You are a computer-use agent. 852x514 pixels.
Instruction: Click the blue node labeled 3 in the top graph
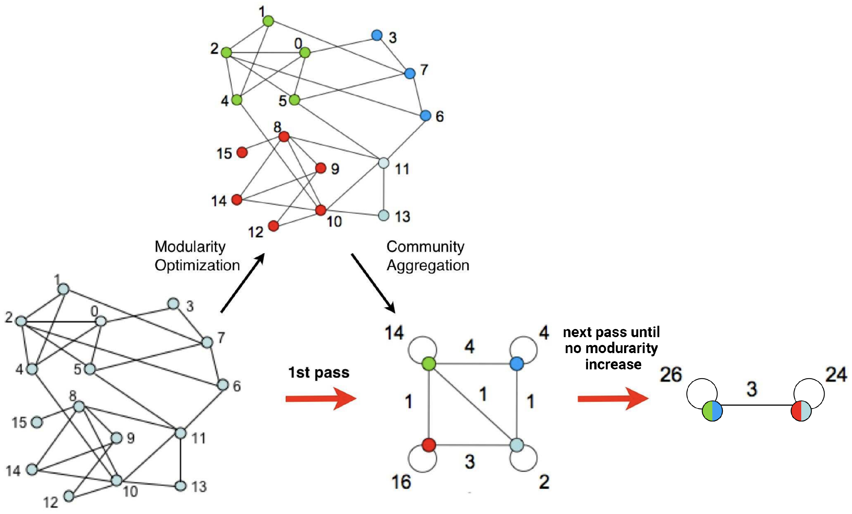coord(377,35)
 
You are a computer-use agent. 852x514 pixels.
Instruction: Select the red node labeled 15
coord(242,152)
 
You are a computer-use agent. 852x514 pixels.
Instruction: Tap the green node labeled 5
coord(294,100)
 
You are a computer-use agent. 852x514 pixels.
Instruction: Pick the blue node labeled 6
coord(426,116)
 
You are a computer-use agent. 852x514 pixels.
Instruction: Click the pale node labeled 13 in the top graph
coord(384,216)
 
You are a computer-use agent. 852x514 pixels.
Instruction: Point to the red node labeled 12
coord(273,226)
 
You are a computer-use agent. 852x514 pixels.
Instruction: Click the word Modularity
coord(190,247)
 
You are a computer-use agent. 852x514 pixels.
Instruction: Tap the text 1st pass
coord(318,373)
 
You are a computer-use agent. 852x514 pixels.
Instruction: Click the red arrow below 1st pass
coord(321,398)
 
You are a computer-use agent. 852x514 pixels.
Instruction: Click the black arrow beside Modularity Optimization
coord(243,283)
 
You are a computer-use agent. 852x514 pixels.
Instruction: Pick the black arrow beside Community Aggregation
coord(373,283)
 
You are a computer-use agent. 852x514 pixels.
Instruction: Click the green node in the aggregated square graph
coord(429,364)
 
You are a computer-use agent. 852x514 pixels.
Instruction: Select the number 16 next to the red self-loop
coord(401,482)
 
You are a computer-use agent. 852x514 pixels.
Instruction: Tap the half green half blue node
coord(712,411)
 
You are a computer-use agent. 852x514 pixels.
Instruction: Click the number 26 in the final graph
coord(670,375)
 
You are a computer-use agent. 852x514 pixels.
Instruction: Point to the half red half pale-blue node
coord(801,411)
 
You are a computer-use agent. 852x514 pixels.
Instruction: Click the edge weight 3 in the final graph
coord(752,389)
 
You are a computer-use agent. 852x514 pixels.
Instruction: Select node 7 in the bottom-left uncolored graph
coord(207,342)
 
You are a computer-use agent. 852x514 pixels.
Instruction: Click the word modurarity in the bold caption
coord(622,348)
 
